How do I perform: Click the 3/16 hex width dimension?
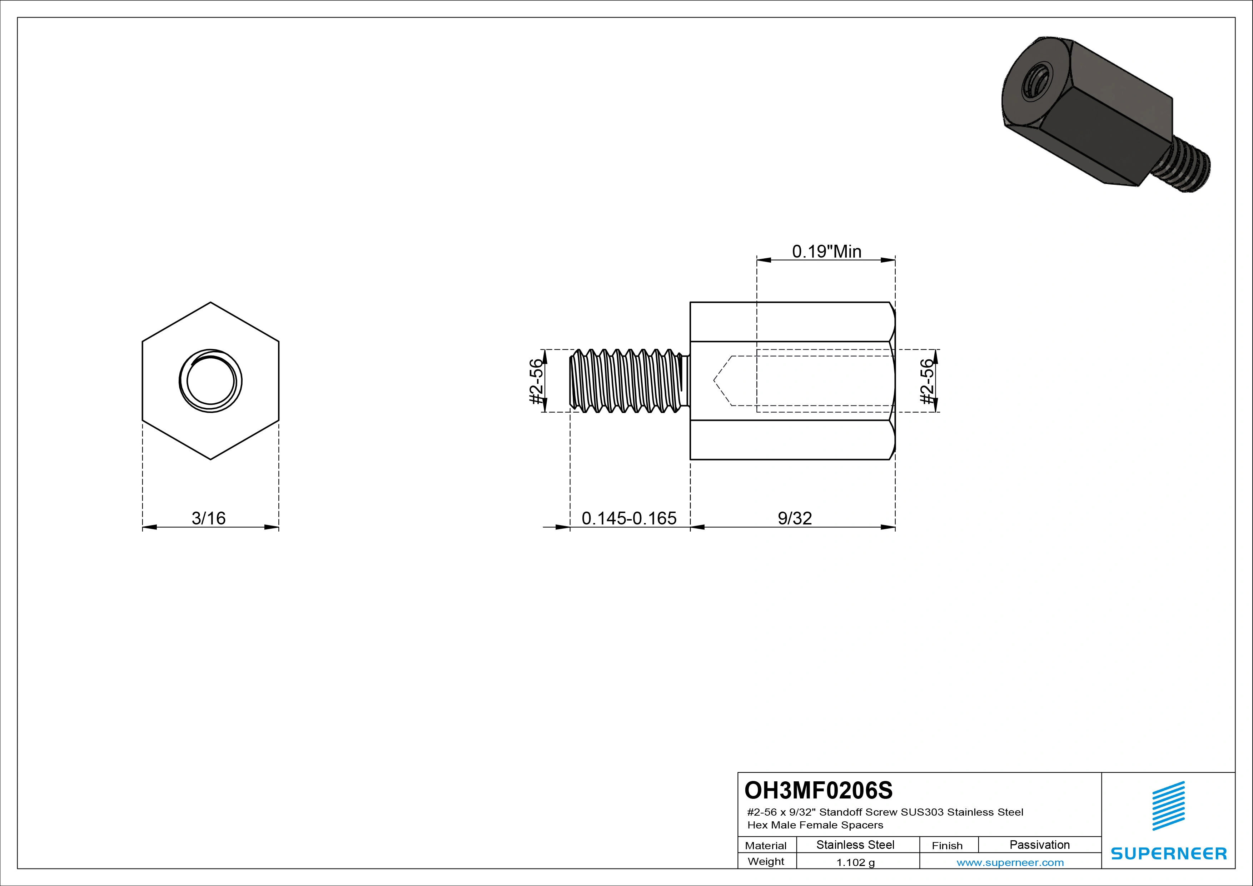(x=208, y=518)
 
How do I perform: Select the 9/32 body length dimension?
(x=795, y=518)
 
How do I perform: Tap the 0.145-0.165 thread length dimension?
(x=629, y=518)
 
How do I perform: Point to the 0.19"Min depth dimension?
(x=826, y=252)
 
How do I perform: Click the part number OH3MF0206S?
(x=818, y=790)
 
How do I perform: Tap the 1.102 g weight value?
(x=855, y=862)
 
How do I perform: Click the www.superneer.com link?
(x=1010, y=862)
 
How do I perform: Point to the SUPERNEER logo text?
(x=1168, y=853)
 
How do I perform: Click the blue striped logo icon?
(x=1168, y=806)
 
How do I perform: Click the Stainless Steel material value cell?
(x=855, y=845)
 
